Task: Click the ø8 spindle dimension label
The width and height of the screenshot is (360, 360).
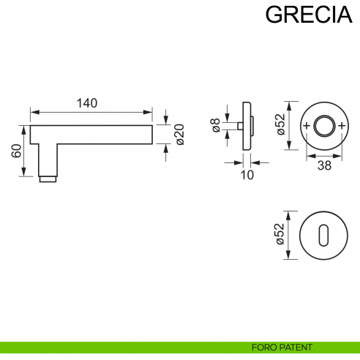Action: point(217,125)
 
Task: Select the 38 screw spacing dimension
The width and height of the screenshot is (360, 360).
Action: point(323,165)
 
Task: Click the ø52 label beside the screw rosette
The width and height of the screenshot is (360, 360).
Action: point(280,125)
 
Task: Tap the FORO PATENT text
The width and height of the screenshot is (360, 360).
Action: point(282,347)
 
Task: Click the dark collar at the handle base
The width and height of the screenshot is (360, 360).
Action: point(47,178)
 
